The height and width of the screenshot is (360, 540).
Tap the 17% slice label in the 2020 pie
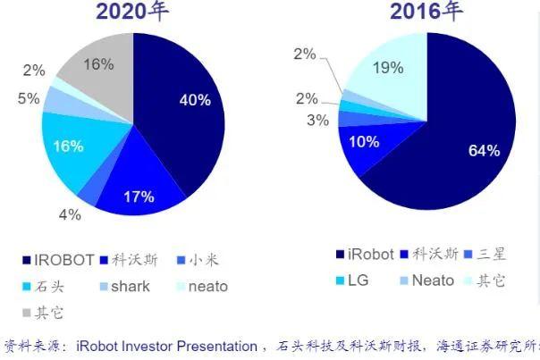[x=139, y=196]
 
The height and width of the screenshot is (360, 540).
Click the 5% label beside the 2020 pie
[x=28, y=99]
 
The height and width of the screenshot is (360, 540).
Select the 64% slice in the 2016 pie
[x=483, y=150]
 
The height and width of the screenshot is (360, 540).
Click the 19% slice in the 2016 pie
[x=387, y=69]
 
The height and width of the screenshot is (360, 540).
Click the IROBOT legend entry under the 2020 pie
[x=57, y=260]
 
